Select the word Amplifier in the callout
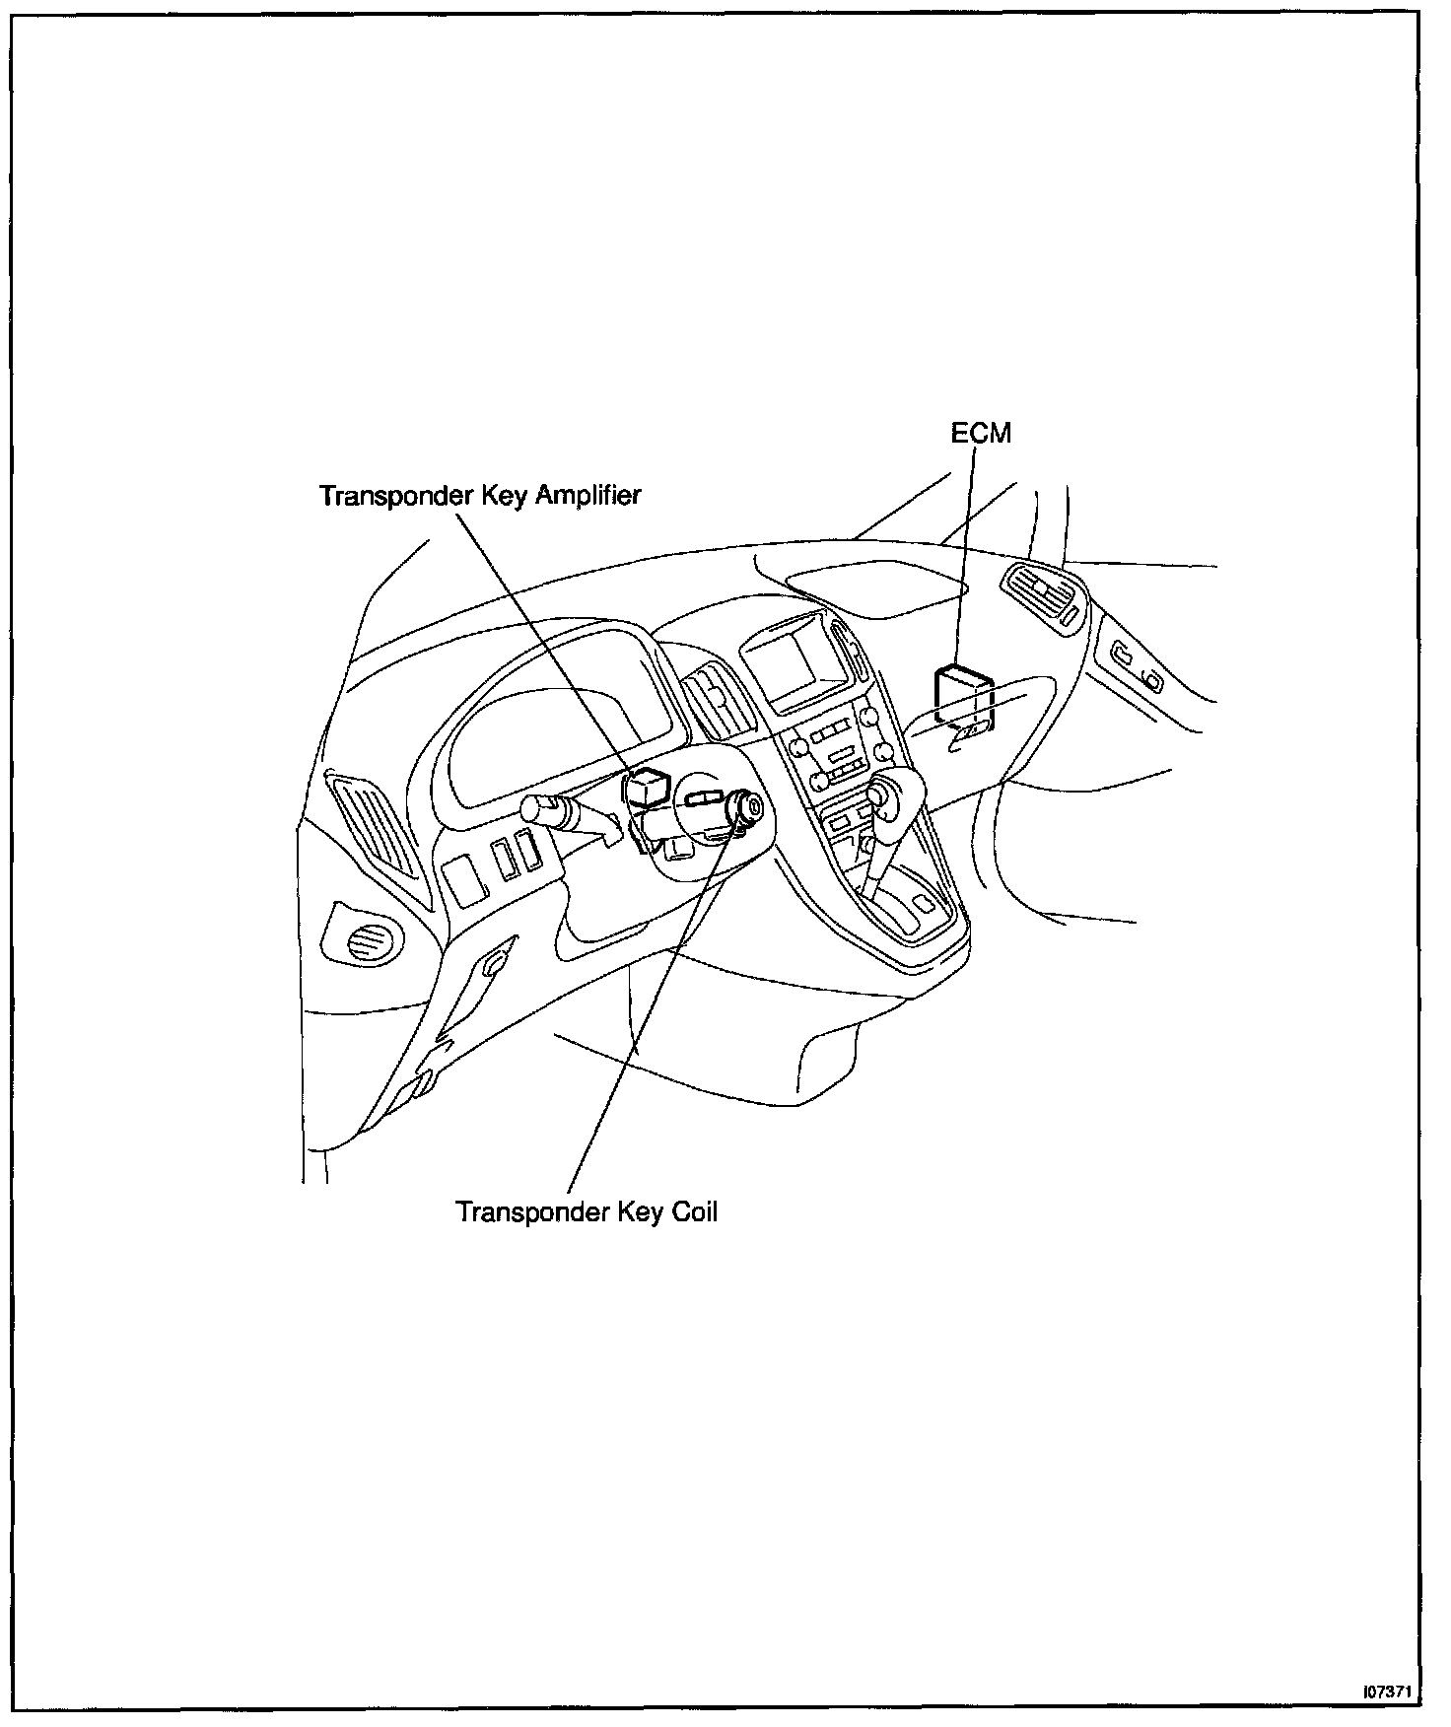pyautogui.click(x=587, y=495)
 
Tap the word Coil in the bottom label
pyautogui.click(x=694, y=1210)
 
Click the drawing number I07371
pyautogui.click(x=1389, y=1691)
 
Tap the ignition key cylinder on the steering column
pyautogui.click(x=752, y=808)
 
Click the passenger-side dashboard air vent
pyautogui.click(x=1044, y=594)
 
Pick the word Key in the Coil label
pyautogui.click(x=640, y=1210)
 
